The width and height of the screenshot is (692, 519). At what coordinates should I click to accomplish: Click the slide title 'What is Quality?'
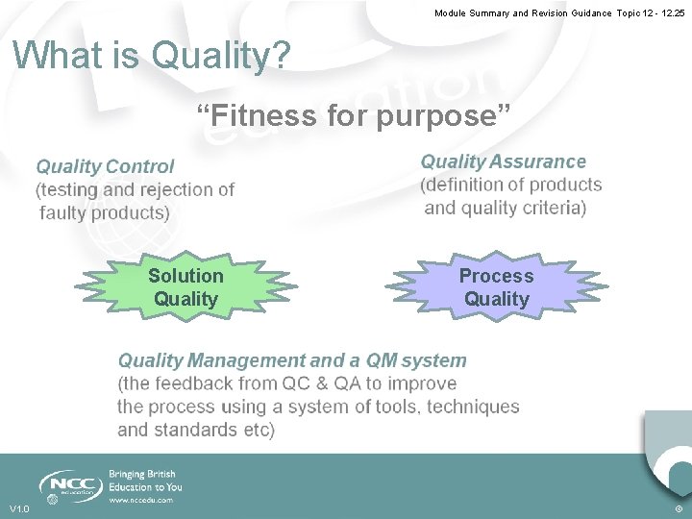(x=151, y=56)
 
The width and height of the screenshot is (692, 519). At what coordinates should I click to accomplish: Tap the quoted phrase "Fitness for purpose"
(x=352, y=116)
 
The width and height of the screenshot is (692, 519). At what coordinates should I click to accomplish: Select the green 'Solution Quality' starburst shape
(x=185, y=287)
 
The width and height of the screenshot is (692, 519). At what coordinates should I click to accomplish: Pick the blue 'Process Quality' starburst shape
(x=496, y=287)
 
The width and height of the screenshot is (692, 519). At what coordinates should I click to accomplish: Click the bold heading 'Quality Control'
(x=106, y=167)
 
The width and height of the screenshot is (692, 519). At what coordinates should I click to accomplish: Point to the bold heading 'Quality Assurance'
(x=503, y=161)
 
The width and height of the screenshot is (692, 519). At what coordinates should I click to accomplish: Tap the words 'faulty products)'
(x=105, y=212)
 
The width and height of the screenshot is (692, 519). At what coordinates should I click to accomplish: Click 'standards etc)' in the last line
(x=216, y=430)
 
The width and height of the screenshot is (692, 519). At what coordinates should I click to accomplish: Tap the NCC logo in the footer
(x=70, y=485)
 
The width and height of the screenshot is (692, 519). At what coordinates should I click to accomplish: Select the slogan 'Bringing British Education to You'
(x=145, y=481)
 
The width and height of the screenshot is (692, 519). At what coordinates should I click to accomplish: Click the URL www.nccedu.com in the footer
(x=140, y=500)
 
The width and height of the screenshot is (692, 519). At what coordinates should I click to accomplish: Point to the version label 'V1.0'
(x=19, y=508)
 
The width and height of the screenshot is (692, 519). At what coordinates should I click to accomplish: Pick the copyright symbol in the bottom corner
(x=679, y=508)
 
